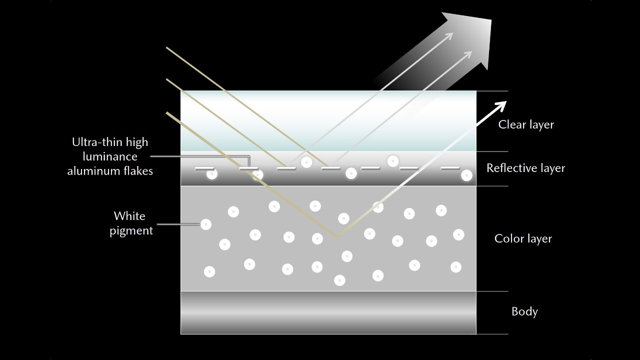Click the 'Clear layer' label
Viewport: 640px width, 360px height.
click(526, 124)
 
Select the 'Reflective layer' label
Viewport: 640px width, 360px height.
click(525, 168)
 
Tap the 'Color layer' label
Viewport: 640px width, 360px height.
click(523, 238)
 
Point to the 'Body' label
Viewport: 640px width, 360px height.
click(524, 311)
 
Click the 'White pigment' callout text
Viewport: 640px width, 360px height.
click(130, 223)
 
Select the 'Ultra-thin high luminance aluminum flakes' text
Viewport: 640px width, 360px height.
click(110, 156)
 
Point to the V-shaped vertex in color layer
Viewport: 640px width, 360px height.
click(336, 236)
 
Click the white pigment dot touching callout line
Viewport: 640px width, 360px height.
click(205, 224)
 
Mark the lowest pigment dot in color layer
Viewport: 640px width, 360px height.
click(339, 280)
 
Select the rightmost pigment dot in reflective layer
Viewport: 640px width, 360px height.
click(466, 175)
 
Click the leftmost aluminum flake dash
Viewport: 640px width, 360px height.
click(204, 168)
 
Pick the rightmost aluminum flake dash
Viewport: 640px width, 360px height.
click(450, 168)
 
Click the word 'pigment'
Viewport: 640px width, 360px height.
click(131, 230)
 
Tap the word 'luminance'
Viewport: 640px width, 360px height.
click(110, 156)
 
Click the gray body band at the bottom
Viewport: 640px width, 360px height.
click(328, 312)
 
